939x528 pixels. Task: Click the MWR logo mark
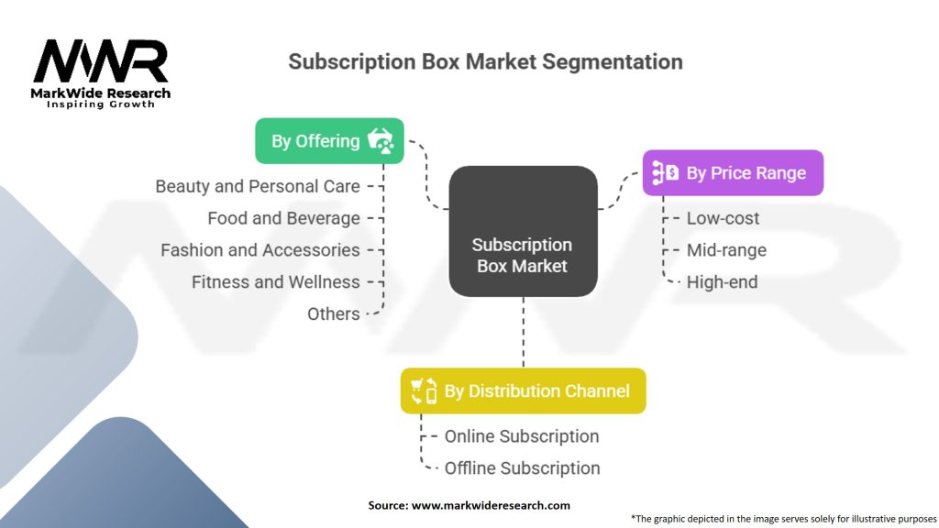(101, 61)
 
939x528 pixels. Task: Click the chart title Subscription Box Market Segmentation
(486, 61)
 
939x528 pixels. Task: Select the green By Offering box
(329, 140)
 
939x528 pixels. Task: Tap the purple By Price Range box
(733, 173)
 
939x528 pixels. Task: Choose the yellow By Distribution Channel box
(524, 390)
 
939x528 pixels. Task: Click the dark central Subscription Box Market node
(523, 231)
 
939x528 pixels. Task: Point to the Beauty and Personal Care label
(258, 186)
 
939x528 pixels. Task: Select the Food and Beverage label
(284, 218)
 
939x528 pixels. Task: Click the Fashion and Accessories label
(260, 249)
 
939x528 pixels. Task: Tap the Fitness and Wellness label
(276, 282)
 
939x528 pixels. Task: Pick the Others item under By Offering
(334, 313)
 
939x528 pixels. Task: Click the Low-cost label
(723, 218)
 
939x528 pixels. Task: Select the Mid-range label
(726, 250)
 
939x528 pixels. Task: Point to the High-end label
(723, 282)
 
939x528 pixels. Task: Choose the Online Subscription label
(522, 436)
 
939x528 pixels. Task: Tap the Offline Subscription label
(522, 468)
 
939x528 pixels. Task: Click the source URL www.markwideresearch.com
(492, 505)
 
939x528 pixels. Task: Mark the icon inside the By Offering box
(381, 140)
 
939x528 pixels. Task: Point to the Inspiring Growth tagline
(101, 104)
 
